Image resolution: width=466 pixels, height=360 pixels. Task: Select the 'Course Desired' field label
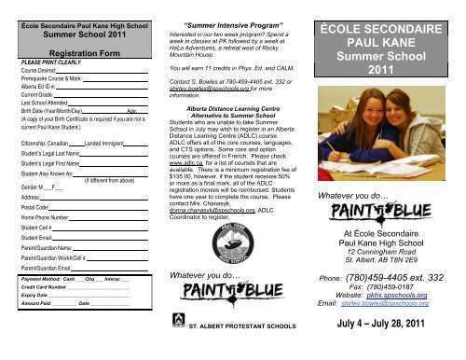click(37, 73)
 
